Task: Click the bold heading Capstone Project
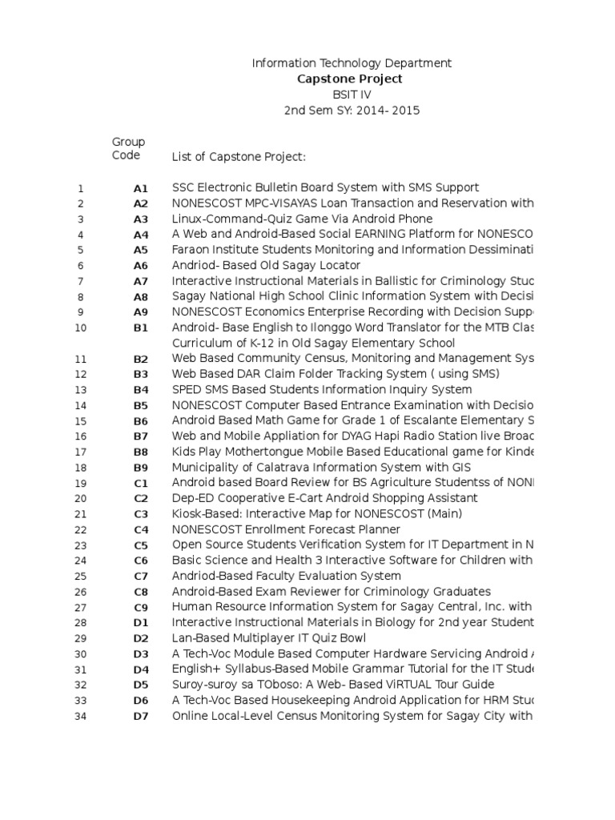[x=350, y=78]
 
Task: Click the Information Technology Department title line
[x=352, y=62]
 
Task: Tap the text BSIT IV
[x=352, y=94]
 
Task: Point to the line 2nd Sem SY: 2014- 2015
[x=352, y=111]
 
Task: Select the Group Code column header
[x=128, y=148]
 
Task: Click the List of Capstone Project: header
[x=239, y=157]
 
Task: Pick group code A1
[x=141, y=188]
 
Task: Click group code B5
[x=141, y=406]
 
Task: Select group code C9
[x=141, y=608]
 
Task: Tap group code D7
[x=141, y=717]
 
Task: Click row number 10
[x=80, y=328]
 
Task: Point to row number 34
[x=80, y=717]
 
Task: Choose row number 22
[x=80, y=530]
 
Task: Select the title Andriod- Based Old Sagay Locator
[x=266, y=265]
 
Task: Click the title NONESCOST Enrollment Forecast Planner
[x=286, y=529]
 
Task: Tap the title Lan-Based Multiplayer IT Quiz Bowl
[x=268, y=638]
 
